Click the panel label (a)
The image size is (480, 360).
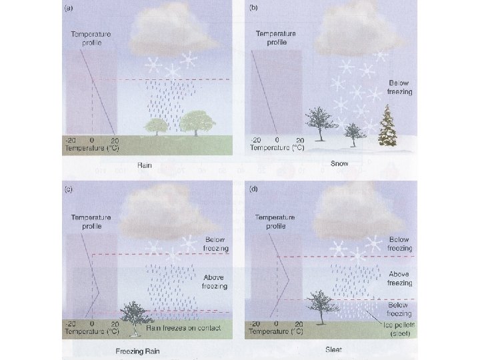68,8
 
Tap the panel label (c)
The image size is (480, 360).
68,189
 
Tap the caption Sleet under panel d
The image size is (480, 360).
333,349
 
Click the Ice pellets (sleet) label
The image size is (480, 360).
399,329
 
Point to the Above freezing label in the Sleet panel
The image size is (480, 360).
399,279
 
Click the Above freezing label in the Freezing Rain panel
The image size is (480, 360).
215,281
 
